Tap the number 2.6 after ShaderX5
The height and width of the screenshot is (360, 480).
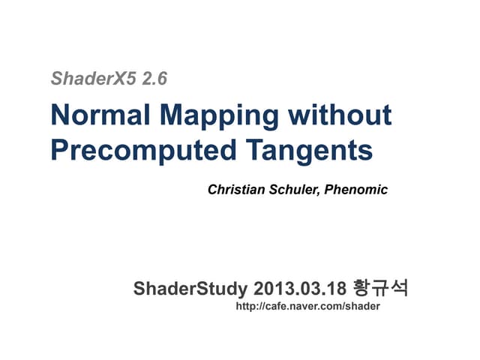pos(148,78)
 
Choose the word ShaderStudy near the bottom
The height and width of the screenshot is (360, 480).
pos(190,289)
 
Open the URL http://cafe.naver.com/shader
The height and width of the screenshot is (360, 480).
pos(308,307)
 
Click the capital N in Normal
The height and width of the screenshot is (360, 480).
pos(59,116)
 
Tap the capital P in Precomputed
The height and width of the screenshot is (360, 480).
pos(58,150)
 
